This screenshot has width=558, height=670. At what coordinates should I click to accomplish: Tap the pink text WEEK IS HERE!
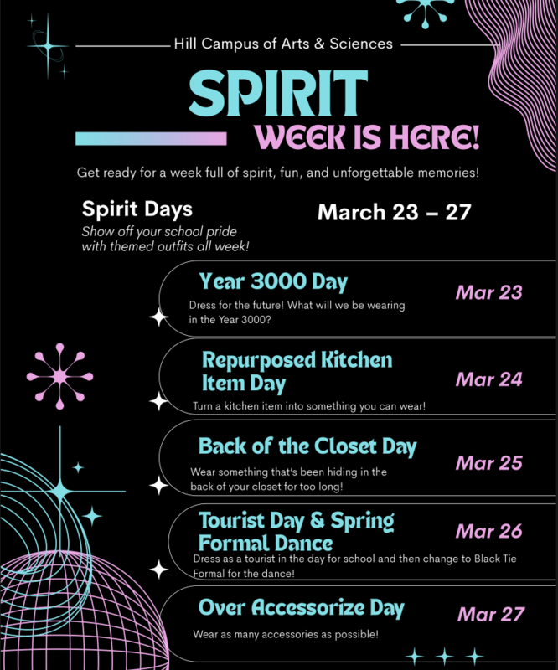pyautogui.click(x=368, y=137)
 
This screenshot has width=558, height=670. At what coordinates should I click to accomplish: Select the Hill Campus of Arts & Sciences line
pyautogui.click(x=282, y=43)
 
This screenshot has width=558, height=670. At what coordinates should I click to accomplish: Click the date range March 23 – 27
pyautogui.click(x=394, y=211)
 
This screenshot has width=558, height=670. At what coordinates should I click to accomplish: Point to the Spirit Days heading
pyautogui.click(x=137, y=208)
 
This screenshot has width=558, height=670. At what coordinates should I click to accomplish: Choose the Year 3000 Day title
pyautogui.click(x=273, y=281)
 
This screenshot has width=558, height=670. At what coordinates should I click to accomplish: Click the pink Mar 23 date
pyautogui.click(x=488, y=292)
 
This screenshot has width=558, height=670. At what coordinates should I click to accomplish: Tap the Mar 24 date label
pyautogui.click(x=488, y=379)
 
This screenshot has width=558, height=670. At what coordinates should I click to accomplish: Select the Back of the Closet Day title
pyautogui.click(x=307, y=446)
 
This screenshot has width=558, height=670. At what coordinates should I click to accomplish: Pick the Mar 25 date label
pyautogui.click(x=488, y=463)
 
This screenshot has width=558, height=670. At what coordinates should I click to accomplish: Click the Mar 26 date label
pyautogui.click(x=488, y=531)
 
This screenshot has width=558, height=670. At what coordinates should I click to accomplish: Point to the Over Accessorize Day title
pyautogui.click(x=302, y=607)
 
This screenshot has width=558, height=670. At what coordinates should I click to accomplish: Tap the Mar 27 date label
pyautogui.click(x=490, y=614)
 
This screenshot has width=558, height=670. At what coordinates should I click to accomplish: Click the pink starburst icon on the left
pyautogui.click(x=59, y=376)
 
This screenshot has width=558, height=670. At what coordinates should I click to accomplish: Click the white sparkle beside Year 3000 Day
pyautogui.click(x=158, y=317)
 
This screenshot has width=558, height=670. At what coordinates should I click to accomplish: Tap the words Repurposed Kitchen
pyautogui.click(x=297, y=360)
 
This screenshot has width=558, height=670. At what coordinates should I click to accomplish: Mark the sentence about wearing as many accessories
pyautogui.click(x=286, y=635)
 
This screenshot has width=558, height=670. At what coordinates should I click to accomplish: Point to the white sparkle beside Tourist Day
pyautogui.click(x=158, y=569)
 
